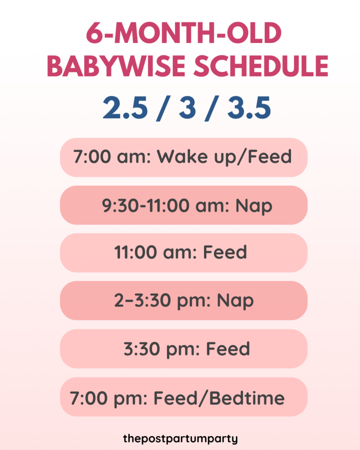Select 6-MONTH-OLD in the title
click(x=183, y=34)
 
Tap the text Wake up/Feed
click(x=225, y=157)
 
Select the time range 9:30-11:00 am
click(x=166, y=205)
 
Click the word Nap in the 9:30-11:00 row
click(x=254, y=205)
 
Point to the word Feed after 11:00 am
click(x=225, y=253)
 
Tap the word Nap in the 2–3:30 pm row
click(x=235, y=301)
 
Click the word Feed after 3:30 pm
click(x=228, y=349)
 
